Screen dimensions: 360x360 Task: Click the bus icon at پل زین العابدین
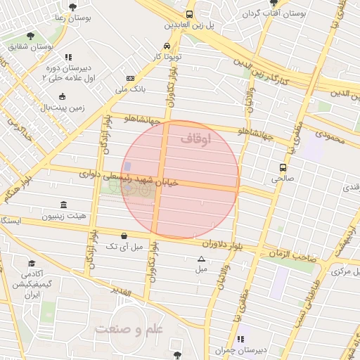point(189,14)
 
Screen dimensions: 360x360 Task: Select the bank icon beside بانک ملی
point(130,78)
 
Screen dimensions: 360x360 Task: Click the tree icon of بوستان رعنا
point(72,7)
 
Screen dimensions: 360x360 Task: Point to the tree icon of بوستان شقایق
point(30,35)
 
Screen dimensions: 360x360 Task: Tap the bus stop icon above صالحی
point(283,168)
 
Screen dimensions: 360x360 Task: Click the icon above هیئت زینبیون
point(64,205)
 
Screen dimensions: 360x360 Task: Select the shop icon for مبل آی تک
point(124,236)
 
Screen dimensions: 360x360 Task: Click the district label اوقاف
point(195,139)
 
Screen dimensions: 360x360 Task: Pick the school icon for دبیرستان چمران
point(244,339)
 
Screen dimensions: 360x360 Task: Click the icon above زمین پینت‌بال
point(63,96)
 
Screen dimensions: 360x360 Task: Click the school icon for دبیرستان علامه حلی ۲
point(67,58)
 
